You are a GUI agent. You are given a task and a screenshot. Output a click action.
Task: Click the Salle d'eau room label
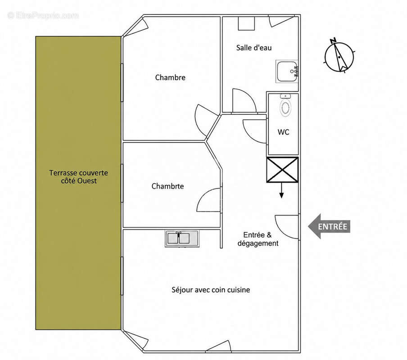[254, 48]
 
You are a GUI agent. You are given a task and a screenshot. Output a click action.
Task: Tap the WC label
[284, 132]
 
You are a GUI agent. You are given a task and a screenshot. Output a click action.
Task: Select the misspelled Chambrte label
[167, 186]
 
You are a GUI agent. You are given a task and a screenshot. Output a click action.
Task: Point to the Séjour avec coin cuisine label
[211, 290]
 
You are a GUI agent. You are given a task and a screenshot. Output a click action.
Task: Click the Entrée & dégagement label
[258, 239]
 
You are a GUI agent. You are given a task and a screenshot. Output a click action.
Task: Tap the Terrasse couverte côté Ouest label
[79, 177]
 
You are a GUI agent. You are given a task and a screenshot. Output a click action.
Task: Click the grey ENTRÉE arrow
[329, 226]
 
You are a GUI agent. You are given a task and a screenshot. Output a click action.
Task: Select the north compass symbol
[339, 56]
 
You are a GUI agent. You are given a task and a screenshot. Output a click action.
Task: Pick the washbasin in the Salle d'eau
[287, 72]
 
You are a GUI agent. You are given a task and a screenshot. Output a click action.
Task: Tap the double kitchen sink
[182, 238]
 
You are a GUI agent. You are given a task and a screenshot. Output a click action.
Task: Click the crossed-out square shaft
[282, 170]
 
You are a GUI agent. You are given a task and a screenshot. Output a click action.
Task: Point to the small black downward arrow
[281, 190]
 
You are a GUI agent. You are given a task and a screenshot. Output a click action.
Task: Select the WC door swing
[255, 131]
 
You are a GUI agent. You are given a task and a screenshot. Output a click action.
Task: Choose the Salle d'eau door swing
[244, 101]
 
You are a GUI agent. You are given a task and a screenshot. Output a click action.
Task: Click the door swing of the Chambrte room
[209, 200]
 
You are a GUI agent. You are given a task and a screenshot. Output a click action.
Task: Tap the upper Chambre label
[170, 77]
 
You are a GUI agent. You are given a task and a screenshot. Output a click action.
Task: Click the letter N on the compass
[333, 40]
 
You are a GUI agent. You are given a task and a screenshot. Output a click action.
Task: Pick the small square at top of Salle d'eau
[246, 23]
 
